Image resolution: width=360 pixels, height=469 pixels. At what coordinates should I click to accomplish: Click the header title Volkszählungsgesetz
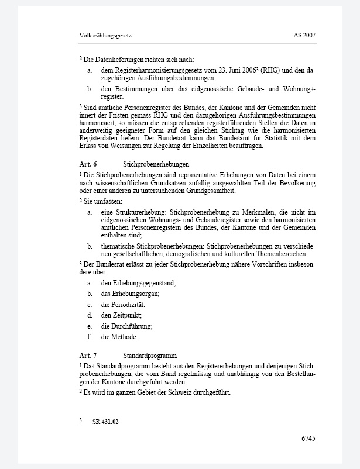pyautogui.click(x=105, y=36)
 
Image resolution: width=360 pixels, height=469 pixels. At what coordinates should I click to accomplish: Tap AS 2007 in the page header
pyautogui.click(x=304, y=36)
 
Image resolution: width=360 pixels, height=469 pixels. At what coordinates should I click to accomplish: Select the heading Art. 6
pyautogui.click(x=88, y=165)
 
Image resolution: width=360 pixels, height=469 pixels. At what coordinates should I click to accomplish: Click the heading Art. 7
pyautogui.click(x=88, y=355)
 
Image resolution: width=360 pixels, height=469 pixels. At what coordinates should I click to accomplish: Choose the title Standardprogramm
pyautogui.click(x=150, y=355)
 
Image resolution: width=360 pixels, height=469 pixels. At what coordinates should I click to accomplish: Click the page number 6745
pyautogui.click(x=308, y=438)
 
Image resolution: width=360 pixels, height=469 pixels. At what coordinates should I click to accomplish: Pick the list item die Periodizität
pyautogui.click(x=123, y=305)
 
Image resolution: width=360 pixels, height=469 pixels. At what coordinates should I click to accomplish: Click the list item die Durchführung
pyautogui.click(x=126, y=326)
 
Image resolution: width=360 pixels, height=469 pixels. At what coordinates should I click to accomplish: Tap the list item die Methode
pyautogui.click(x=119, y=337)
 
